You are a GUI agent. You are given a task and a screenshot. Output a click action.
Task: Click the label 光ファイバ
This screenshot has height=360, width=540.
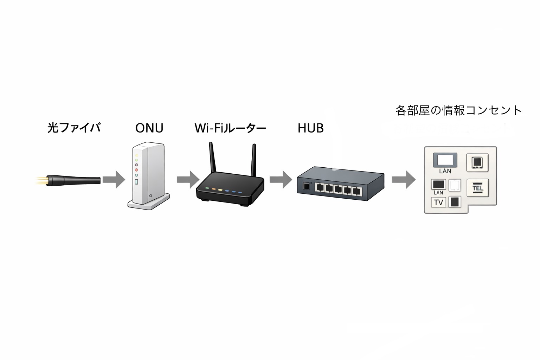pyautogui.click(x=74, y=128)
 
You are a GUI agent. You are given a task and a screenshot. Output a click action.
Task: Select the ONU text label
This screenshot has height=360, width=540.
pyautogui.click(x=149, y=128)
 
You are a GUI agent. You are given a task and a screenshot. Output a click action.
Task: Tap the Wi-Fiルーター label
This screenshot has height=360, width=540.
pyautogui.click(x=230, y=128)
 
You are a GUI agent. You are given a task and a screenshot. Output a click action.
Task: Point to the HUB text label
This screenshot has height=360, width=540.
pyautogui.click(x=310, y=128)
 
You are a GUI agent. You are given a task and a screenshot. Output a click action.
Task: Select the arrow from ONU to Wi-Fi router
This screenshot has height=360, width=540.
pyautogui.click(x=188, y=180)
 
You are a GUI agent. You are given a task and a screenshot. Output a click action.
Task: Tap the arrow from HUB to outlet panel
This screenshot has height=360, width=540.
pyautogui.click(x=403, y=180)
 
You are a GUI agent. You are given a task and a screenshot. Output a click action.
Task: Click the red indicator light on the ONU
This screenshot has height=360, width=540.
pyautogui.click(x=136, y=170)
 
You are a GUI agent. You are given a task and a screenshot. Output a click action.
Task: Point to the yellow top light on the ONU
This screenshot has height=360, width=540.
pyautogui.click(x=136, y=155)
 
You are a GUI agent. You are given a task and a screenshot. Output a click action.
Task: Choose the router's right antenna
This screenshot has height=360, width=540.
pyautogui.click(x=253, y=160)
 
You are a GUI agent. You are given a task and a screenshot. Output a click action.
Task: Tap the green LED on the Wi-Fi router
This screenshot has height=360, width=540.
pyautogui.click(x=207, y=188)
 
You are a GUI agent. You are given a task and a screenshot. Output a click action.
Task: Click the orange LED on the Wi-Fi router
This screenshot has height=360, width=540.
pyautogui.click(x=213, y=189)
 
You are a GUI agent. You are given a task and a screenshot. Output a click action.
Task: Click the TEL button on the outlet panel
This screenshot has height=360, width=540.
pyautogui.click(x=477, y=188)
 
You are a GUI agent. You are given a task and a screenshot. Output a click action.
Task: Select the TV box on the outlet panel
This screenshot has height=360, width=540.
pyautogui.click(x=438, y=202)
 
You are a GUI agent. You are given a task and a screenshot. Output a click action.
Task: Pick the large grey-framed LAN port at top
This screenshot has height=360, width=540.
pyautogui.click(x=445, y=160)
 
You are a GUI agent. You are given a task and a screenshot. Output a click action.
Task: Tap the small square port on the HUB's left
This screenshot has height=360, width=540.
pyautogui.click(x=306, y=186)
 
